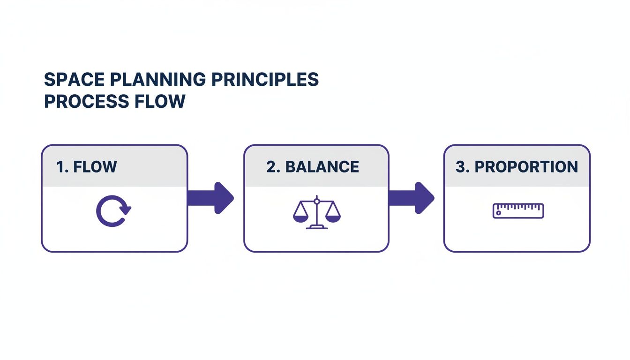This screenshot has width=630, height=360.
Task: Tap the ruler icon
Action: pos(518,211)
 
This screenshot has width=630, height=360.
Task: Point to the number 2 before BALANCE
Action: pos(271,167)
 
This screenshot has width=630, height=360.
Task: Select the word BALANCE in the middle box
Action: pos(322,167)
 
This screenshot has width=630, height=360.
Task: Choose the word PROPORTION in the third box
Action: pos(526,167)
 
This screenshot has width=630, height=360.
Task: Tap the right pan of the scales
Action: pos(333,217)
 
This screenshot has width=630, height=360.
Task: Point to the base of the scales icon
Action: pos(317,227)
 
